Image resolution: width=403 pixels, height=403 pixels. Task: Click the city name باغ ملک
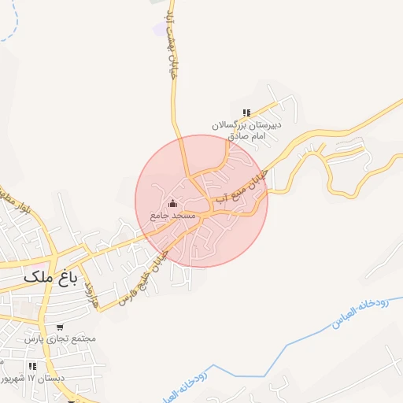tap(50, 277)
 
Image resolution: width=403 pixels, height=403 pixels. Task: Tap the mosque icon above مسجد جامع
tap(174, 205)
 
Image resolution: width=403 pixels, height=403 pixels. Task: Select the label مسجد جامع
tap(172, 215)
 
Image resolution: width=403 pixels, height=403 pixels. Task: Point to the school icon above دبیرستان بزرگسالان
tap(246, 113)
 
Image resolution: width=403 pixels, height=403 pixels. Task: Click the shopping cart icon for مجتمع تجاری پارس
tap(60, 327)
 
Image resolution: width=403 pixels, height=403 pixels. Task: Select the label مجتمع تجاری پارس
tap(59, 338)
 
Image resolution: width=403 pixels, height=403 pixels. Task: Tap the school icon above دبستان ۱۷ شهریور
tap(32, 366)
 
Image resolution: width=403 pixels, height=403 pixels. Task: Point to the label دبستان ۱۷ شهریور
tap(27, 379)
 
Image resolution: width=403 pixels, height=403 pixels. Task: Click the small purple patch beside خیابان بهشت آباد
tap(160, 28)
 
